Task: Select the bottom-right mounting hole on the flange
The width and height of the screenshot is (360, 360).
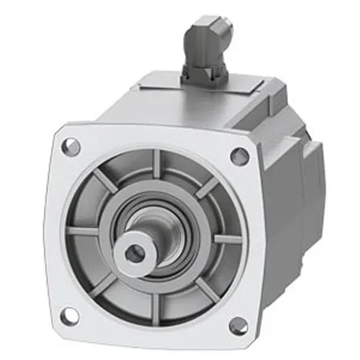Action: pos(238,325)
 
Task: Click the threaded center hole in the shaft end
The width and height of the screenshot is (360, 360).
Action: pos(135,254)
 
